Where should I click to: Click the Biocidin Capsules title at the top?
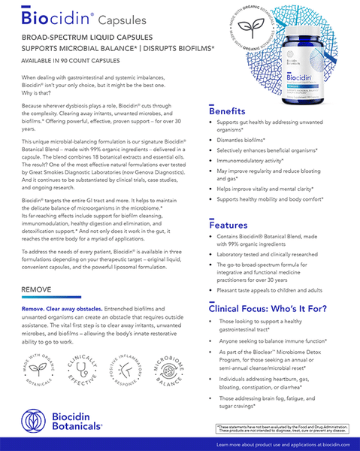coord(79,17)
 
